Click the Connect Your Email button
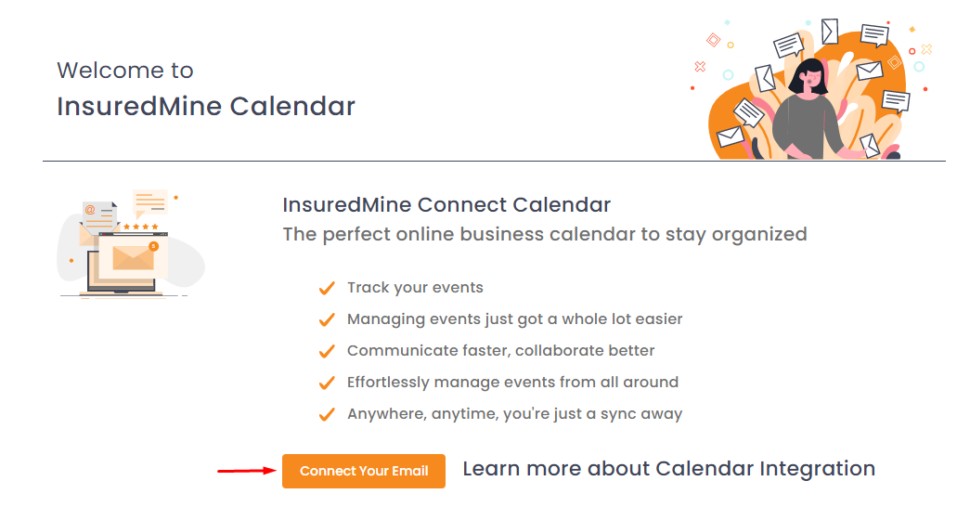click(x=364, y=471)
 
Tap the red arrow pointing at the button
click(x=247, y=471)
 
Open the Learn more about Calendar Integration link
click(x=669, y=469)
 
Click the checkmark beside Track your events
click(x=327, y=288)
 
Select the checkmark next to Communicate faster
click(x=327, y=351)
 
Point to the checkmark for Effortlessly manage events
click(x=327, y=383)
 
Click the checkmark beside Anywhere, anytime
click(x=327, y=414)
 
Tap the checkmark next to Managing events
click(x=327, y=319)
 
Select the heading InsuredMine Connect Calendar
click(x=446, y=204)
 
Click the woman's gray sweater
click(x=805, y=125)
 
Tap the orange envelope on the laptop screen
click(x=133, y=258)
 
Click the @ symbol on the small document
click(x=90, y=210)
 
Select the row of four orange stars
click(x=141, y=227)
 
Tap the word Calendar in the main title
click(x=292, y=106)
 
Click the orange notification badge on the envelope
click(x=154, y=246)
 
